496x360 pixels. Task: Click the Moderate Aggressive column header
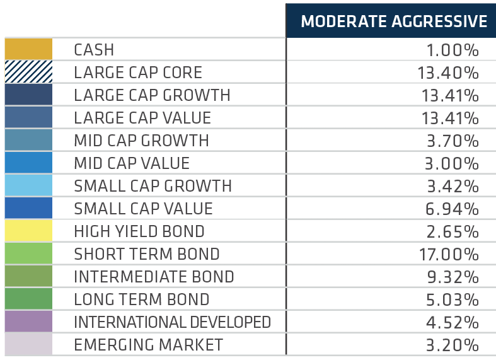coord(394,21)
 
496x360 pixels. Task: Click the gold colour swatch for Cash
coord(28,49)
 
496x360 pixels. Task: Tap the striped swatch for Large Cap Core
coord(28,72)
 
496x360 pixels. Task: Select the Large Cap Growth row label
coord(152,95)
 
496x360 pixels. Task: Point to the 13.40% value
coord(448,73)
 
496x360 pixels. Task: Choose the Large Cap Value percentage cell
coord(450,119)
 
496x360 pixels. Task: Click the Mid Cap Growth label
coord(141,141)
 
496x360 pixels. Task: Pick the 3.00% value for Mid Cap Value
coord(451,163)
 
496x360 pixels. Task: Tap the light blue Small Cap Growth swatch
coord(28,185)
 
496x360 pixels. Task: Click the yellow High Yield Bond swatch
coord(28,231)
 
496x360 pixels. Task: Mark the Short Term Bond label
coord(147,254)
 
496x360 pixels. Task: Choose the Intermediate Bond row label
coord(154,277)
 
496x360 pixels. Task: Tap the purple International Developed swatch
coord(28,322)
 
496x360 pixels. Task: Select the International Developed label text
coord(173,322)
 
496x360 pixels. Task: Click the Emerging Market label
coord(148,345)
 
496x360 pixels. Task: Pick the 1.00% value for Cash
coord(453,50)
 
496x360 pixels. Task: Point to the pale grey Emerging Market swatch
coord(28,344)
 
